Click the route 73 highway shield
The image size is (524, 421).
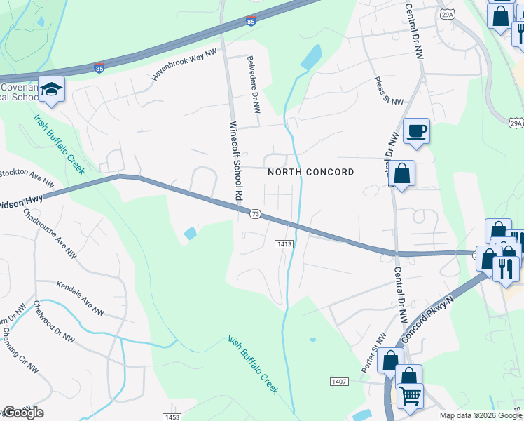pos(255,214)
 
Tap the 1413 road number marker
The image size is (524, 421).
pos(283,243)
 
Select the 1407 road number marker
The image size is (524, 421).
pos(339,381)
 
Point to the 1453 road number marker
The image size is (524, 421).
pos(172,417)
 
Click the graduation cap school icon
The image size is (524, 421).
pos(51,89)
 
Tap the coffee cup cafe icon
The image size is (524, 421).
pos(416,131)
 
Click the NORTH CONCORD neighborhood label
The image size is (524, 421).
pos(311,172)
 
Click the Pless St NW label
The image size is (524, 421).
pos(389,91)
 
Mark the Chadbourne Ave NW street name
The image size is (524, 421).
pos(50,228)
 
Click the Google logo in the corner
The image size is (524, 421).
pos(23,412)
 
